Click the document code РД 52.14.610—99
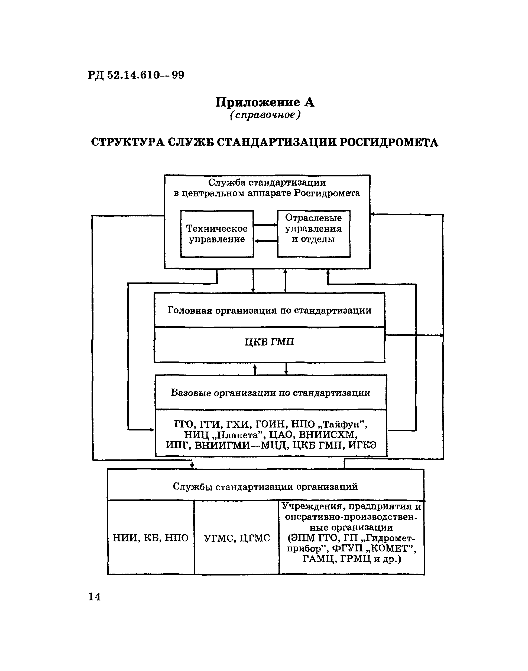(x=136, y=75)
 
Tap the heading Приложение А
(x=265, y=102)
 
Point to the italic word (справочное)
(x=265, y=115)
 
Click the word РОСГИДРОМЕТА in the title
(x=389, y=142)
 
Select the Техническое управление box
(x=217, y=234)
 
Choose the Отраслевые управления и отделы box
(x=313, y=234)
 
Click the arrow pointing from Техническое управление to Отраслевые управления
(x=265, y=225)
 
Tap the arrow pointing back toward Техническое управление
(x=265, y=241)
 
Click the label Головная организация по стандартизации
(x=269, y=310)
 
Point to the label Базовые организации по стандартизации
(x=270, y=393)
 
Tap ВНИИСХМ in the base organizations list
(x=328, y=435)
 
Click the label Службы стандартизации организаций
(x=265, y=487)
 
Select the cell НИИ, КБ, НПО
(x=151, y=538)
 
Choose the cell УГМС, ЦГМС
(x=237, y=538)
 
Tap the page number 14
(x=95, y=597)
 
